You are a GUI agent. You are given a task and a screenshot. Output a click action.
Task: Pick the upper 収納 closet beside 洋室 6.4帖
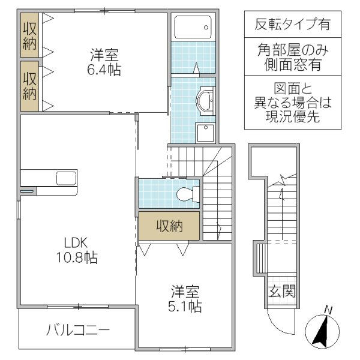coord(29,35)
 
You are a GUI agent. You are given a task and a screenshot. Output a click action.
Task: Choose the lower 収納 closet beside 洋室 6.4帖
coord(29,86)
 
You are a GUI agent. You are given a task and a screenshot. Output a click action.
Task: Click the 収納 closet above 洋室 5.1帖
coord(169,226)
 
